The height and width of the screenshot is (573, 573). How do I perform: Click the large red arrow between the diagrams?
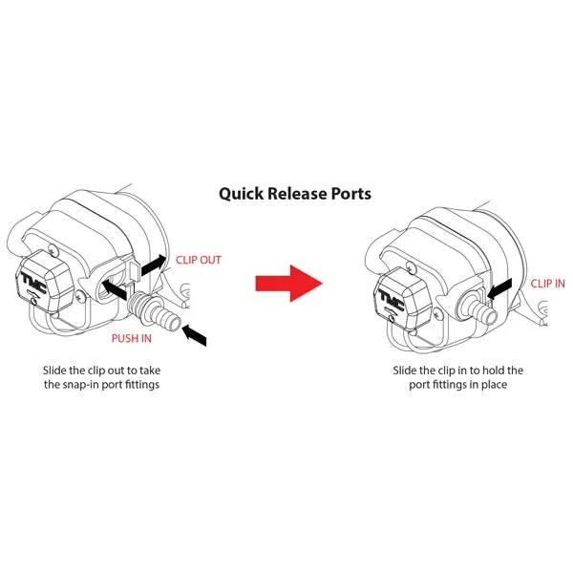pos(288,283)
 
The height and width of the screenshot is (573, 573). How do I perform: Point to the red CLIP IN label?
pos(547,283)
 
